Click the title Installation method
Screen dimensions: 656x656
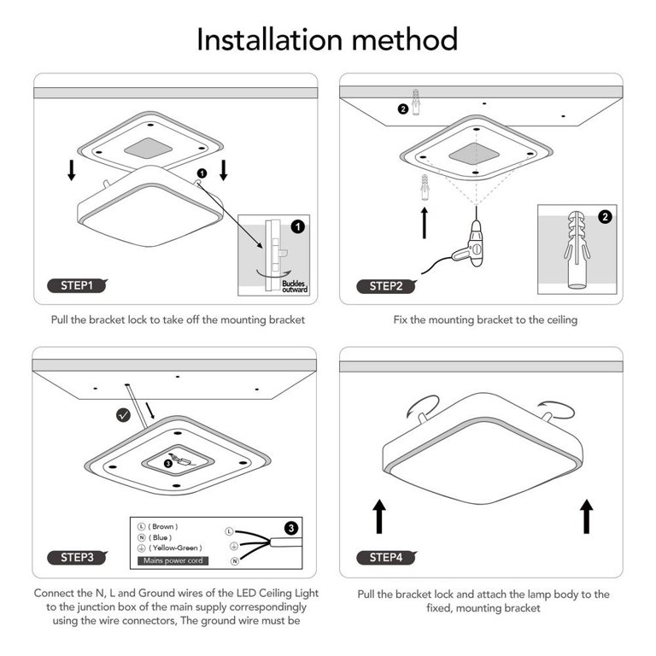327,39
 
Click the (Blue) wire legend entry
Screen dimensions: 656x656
157,537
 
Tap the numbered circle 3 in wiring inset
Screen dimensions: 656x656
291,529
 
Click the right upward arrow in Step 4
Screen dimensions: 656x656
586,517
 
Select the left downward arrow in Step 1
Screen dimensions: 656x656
72,171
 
